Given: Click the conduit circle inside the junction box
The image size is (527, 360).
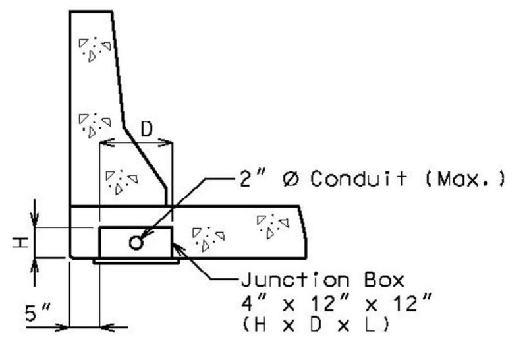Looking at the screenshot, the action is (x=136, y=243).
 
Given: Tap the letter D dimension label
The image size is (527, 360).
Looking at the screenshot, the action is (x=146, y=129).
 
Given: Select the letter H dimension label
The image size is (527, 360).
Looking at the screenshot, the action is (x=20, y=242).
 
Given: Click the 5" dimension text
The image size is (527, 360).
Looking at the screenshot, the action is (x=38, y=313).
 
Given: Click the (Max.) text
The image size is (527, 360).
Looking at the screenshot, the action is (x=466, y=179).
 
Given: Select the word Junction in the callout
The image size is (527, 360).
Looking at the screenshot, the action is (x=295, y=280).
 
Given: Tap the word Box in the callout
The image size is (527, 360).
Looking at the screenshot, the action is (x=384, y=280).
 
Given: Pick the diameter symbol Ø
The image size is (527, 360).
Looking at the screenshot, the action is (x=290, y=179).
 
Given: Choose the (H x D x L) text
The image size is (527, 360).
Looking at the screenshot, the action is (x=316, y=325).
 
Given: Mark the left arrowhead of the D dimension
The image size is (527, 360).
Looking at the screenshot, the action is (x=107, y=143).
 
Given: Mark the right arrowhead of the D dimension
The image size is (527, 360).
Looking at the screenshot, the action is (x=165, y=143).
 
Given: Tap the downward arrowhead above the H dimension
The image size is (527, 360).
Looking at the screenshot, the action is (x=35, y=220).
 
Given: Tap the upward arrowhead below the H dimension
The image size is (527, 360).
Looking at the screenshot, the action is (x=35, y=266).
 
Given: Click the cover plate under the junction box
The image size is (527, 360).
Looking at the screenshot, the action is (x=136, y=261).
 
